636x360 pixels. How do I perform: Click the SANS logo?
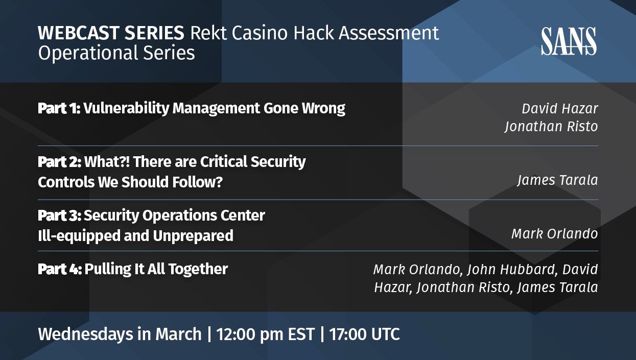569,41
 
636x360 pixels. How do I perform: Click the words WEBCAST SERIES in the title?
111,33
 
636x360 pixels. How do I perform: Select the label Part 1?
59,108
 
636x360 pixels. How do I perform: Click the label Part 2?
60,162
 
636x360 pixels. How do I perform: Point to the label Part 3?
60,215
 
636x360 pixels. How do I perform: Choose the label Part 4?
60,269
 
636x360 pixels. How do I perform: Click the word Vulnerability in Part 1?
126,109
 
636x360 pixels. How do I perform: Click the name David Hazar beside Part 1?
560,109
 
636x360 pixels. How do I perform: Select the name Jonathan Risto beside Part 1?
551,127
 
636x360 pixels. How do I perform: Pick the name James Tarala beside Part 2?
558,180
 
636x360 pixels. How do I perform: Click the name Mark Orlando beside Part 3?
555,234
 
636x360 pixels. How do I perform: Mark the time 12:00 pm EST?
266,334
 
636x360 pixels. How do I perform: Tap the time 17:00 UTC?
365,334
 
